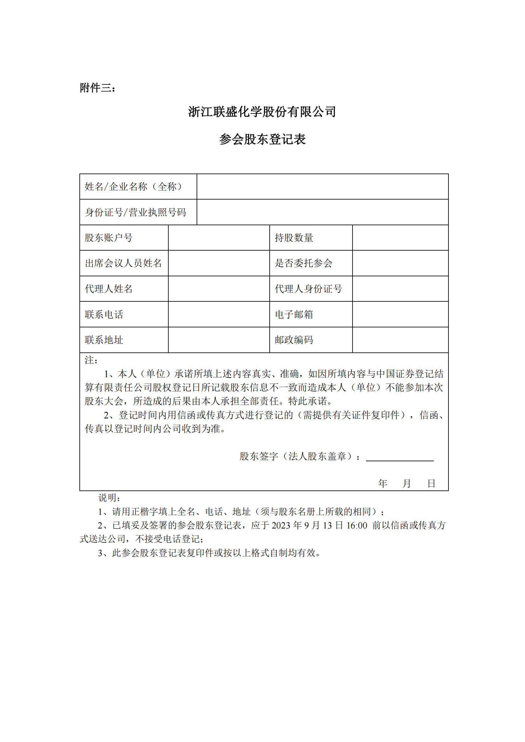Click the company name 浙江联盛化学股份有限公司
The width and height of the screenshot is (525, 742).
[x=262, y=112]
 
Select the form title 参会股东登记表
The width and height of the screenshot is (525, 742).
[x=262, y=139]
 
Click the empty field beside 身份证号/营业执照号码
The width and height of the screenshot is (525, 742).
[x=322, y=212]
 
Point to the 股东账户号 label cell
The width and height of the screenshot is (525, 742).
[x=109, y=238]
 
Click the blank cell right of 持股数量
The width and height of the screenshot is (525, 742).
[x=400, y=238]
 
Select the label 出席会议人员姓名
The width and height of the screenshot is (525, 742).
[x=123, y=263]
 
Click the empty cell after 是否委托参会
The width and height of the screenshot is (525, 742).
[x=400, y=263]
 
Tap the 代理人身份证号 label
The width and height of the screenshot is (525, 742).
[x=308, y=289]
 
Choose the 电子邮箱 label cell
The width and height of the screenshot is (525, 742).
[x=294, y=314]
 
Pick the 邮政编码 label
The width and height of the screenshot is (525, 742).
[x=294, y=340]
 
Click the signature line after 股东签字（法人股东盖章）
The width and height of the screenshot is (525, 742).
[x=400, y=458]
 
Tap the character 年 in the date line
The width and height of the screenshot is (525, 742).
[x=383, y=483]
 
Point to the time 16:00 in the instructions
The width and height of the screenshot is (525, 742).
[x=356, y=525]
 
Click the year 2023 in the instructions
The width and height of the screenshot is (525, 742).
[x=281, y=525]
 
